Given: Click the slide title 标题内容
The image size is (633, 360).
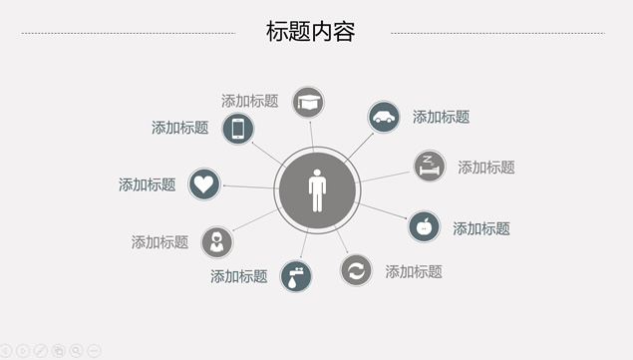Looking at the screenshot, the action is point(311,32).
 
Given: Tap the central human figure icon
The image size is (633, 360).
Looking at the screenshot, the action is point(317,188).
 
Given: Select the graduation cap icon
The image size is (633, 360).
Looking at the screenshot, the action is point(308,102).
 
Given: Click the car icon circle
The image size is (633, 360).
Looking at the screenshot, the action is point(384,117).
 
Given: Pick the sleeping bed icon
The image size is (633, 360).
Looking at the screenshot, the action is point(430,166).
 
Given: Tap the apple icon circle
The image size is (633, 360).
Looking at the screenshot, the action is point(425,226).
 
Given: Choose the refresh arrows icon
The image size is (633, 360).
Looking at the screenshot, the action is point(356,270).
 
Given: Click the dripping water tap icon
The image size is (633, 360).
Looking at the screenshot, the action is point(296,275).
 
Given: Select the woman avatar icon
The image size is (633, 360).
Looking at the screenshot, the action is point(216,241).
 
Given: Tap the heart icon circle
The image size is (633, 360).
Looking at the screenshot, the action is point(204,183).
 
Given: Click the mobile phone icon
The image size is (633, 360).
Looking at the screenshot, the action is point(237,129).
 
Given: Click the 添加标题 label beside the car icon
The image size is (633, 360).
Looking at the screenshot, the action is point(441,117).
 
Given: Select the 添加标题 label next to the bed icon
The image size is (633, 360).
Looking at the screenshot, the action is point(486,168).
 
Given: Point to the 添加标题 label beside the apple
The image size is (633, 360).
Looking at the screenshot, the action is point(481,228).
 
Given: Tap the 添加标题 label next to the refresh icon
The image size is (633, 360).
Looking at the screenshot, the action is point(414,271).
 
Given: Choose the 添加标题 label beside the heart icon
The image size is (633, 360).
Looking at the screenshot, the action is point(147,184).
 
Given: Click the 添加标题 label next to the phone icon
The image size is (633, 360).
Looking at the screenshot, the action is point(179,128).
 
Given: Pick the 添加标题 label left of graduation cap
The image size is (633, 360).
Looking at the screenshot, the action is point(249,101).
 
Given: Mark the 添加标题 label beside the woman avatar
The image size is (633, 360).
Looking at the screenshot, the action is point(159,242).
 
